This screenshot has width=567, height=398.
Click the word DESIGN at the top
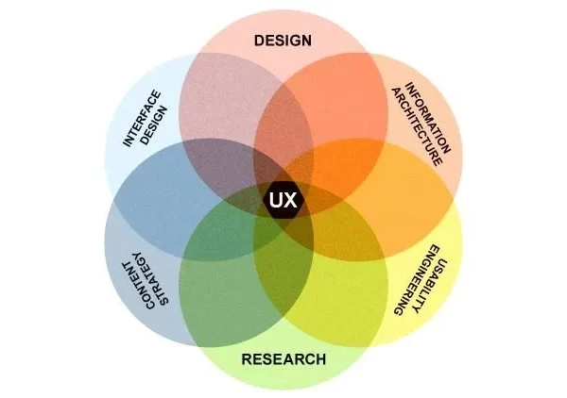pyautogui.click(x=283, y=41)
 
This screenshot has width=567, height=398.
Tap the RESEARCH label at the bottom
pyautogui.click(x=283, y=359)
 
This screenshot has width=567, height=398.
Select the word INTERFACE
pyautogui.click(x=142, y=118)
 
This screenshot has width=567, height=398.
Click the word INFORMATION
pyautogui.click(x=428, y=118)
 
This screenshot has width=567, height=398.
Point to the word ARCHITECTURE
pyautogui.click(x=417, y=126)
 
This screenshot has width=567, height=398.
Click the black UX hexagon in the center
pyautogui.click(x=283, y=200)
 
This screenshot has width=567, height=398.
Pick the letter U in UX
pyautogui.click(x=277, y=200)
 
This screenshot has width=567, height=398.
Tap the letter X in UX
pyautogui.click(x=290, y=200)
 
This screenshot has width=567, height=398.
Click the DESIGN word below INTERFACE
pyautogui.click(x=154, y=125)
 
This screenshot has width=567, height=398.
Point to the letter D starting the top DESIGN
pyautogui.click(x=259, y=41)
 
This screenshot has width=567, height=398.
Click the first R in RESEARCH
pyautogui.click(x=247, y=359)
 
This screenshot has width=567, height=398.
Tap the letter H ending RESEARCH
pyautogui.click(x=320, y=359)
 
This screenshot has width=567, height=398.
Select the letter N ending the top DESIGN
pyautogui.click(x=306, y=41)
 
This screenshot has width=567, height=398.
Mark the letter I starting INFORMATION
pyautogui.click(x=409, y=86)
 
